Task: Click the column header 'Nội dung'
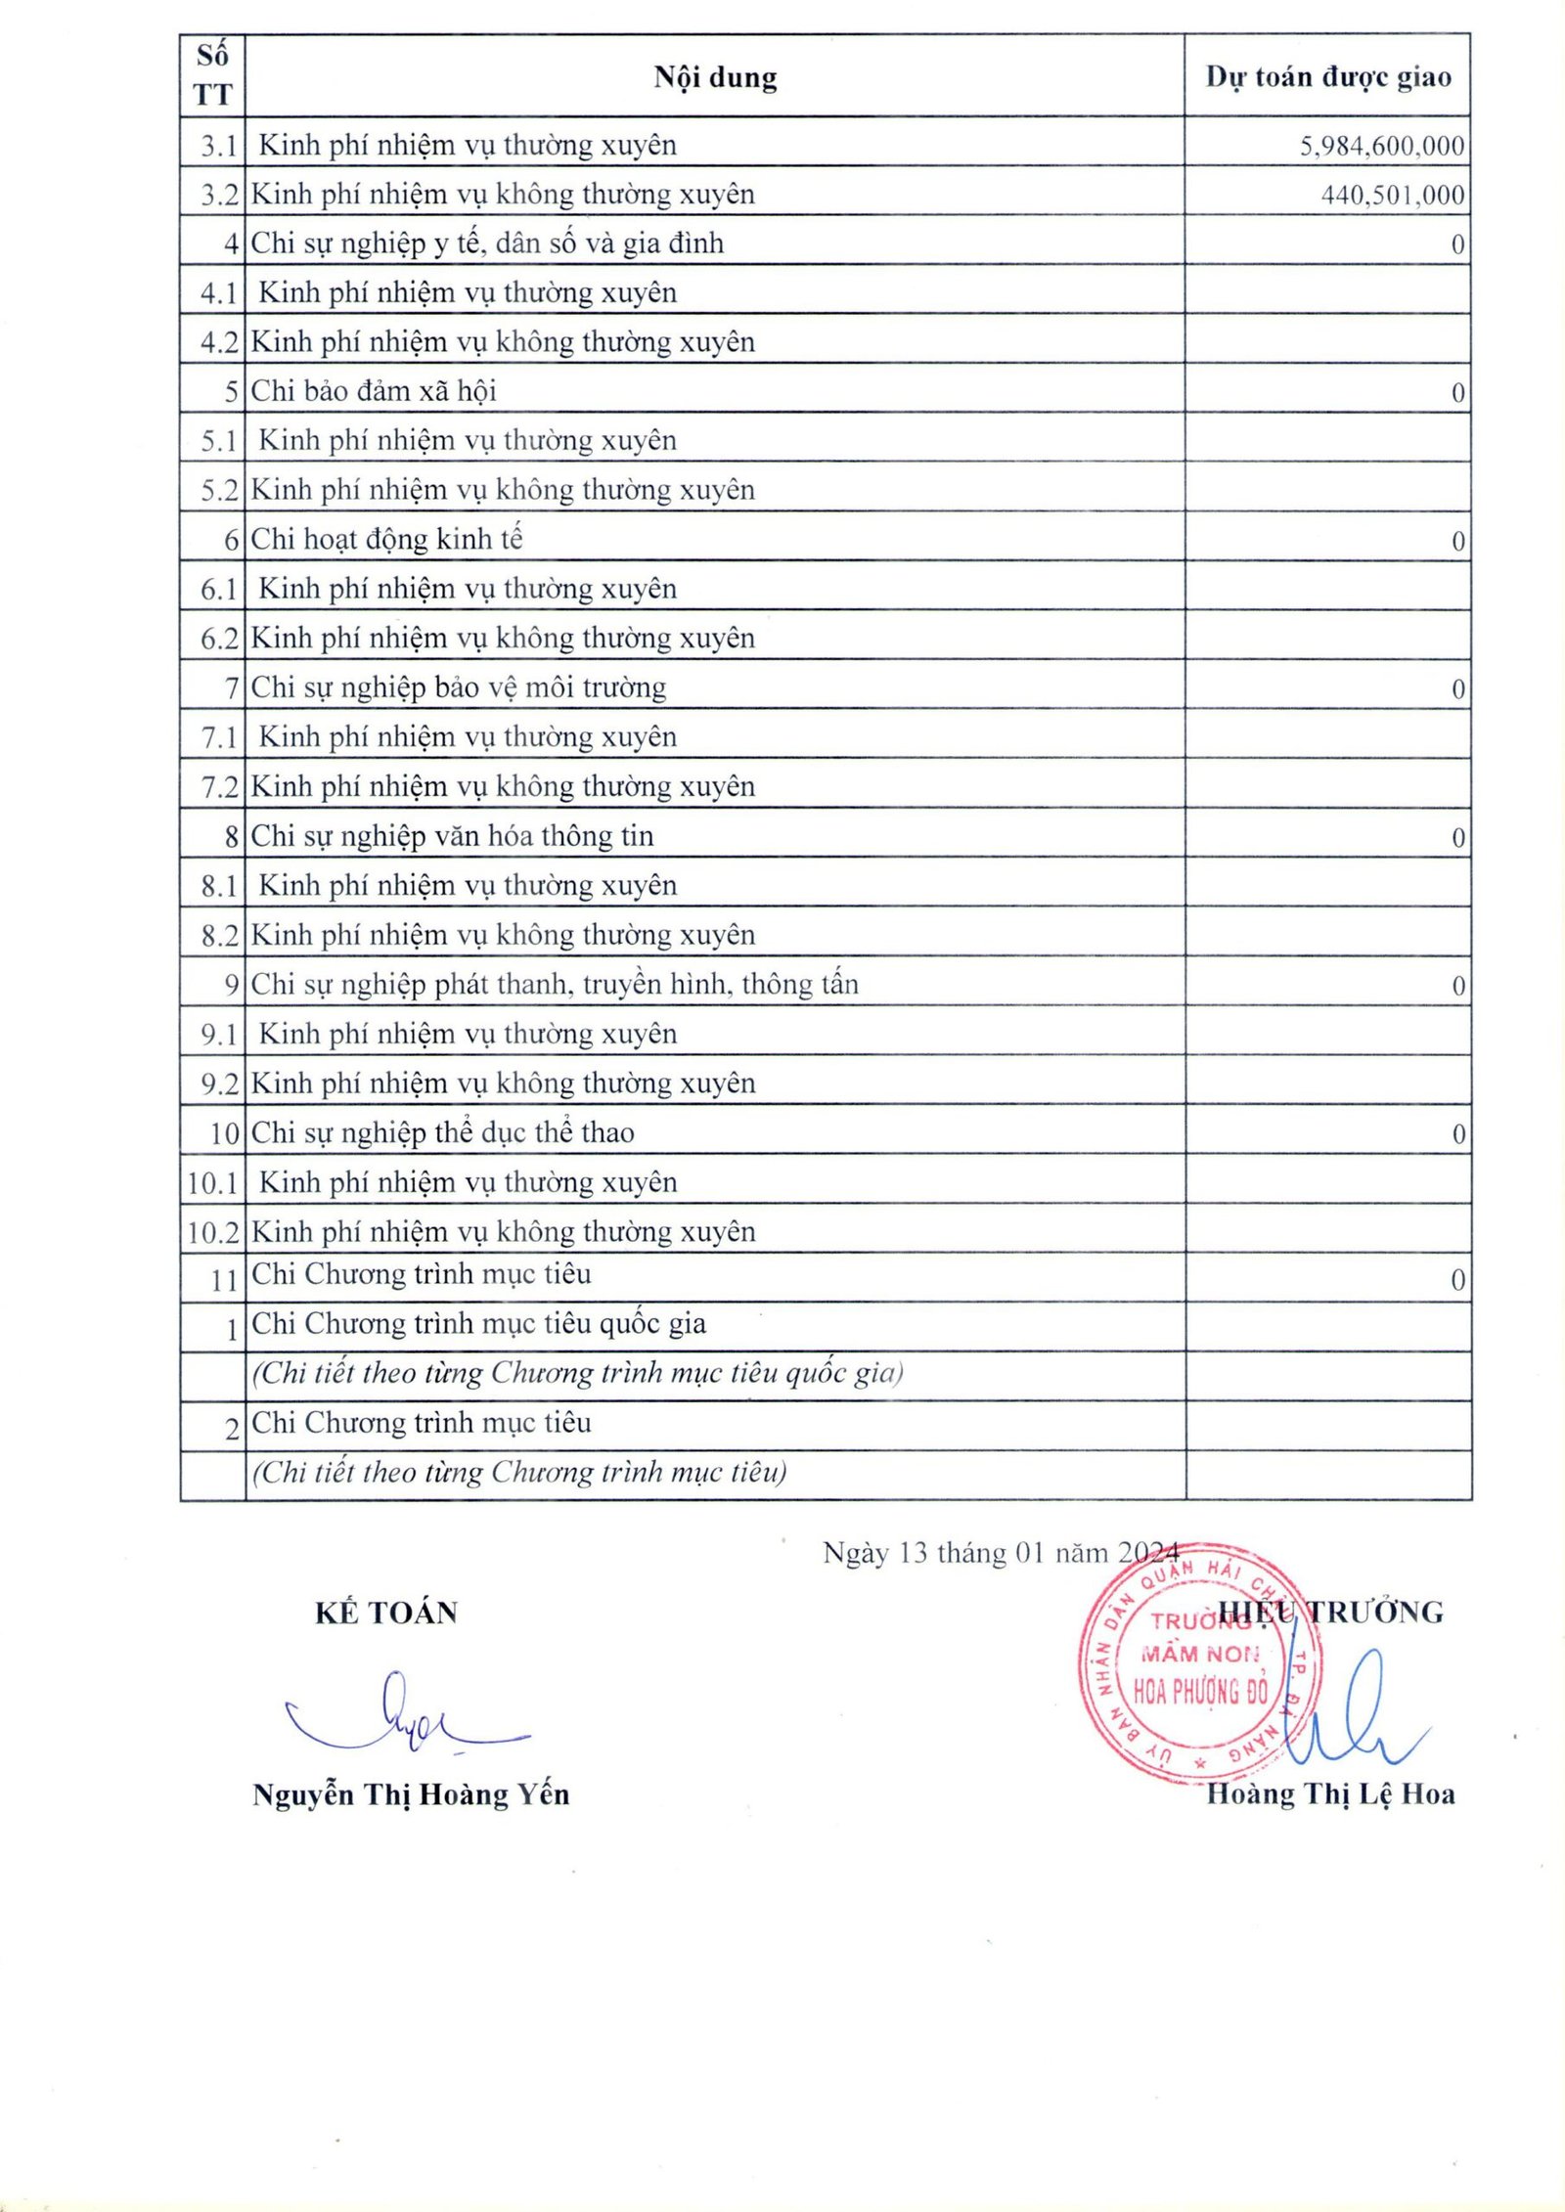point(715,77)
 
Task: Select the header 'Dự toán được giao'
point(1327,77)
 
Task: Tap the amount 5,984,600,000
point(1381,147)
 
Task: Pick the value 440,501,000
point(1392,196)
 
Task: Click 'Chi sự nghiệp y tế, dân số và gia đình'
point(487,243)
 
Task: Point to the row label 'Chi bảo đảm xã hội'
point(374,391)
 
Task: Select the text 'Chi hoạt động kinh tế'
point(386,539)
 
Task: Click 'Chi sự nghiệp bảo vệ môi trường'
point(458,687)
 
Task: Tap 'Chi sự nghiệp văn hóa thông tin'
point(452,836)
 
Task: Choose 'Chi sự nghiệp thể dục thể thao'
point(442,1132)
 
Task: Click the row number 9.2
point(219,1084)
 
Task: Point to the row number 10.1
point(213,1183)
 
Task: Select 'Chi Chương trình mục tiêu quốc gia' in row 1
point(478,1323)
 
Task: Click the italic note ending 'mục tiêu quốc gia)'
point(577,1373)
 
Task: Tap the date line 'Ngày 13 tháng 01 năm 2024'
point(1001,1553)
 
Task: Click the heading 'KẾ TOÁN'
point(386,1613)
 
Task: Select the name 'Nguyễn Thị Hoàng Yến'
point(411,1794)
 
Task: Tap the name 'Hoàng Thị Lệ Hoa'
point(1330,1793)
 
